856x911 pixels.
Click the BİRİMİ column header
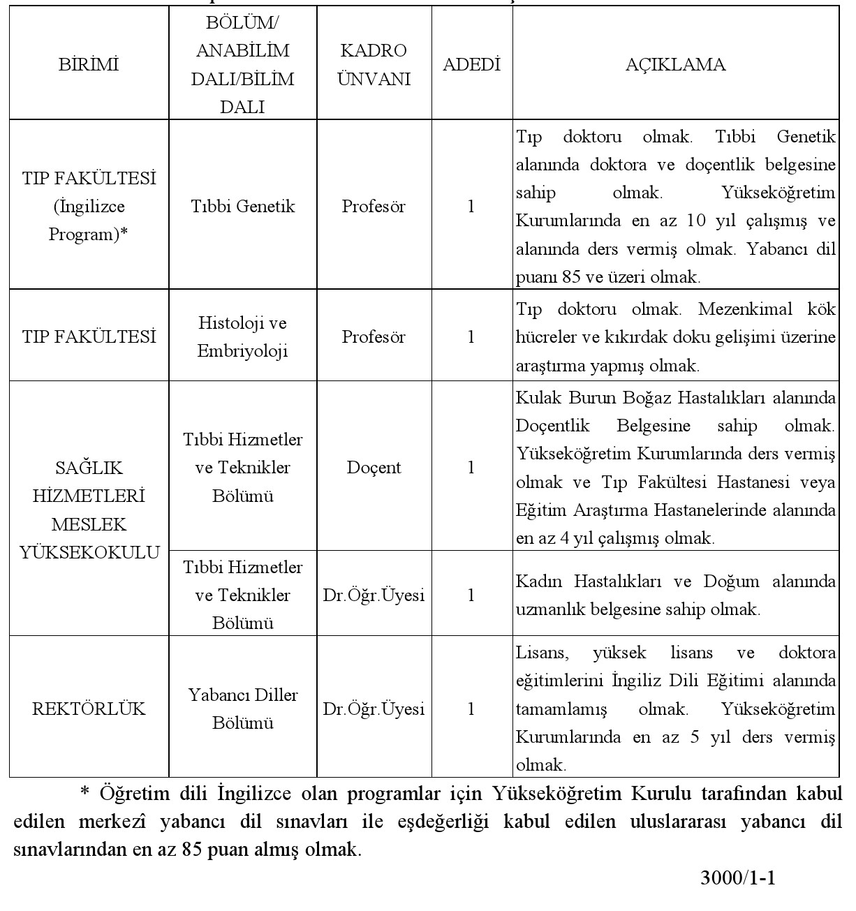coord(89,65)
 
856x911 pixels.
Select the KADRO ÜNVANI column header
coord(374,65)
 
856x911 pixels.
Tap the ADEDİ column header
coord(472,65)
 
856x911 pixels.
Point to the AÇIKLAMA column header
coord(675,65)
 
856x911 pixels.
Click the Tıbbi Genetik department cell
coord(243,207)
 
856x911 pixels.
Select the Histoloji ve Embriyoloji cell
coord(243,337)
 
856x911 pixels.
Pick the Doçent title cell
coord(374,468)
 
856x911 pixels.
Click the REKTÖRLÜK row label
coord(89,709)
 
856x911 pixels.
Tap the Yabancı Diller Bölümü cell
coord(243,709)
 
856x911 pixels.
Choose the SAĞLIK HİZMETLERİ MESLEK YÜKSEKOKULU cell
coord(89,510)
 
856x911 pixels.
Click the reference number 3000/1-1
coord(738,878)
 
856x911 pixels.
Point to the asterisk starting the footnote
coord(86,793)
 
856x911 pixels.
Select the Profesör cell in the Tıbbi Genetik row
coord(374,207)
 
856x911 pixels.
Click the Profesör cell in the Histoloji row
coord(374,337)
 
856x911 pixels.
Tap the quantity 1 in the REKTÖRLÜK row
coord(471,709)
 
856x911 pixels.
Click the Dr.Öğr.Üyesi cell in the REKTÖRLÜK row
coord(374,709)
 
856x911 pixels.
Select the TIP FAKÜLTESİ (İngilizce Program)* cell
coord(89,207)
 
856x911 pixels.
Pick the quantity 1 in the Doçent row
coord(471,468)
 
